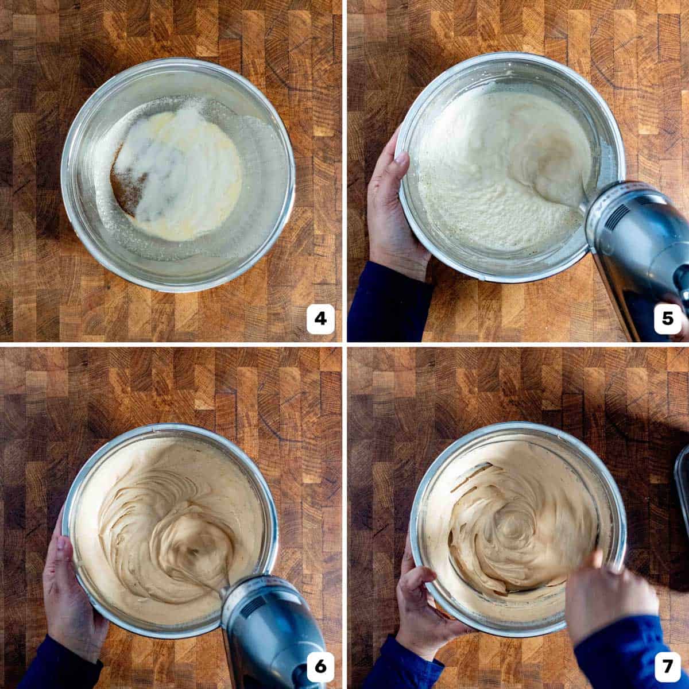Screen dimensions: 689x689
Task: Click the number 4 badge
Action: point(320,319)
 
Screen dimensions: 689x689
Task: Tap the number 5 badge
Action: point(667,319)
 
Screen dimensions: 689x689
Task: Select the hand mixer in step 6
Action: point(270,632)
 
